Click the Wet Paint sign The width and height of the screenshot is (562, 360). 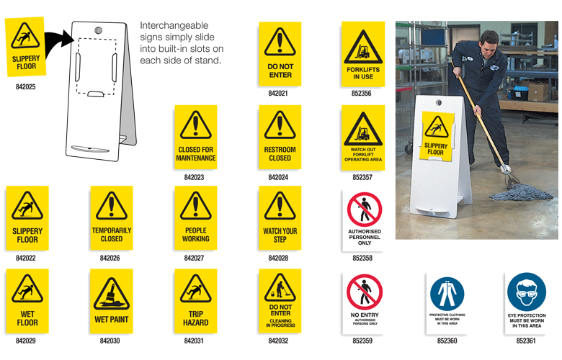pos(111,301)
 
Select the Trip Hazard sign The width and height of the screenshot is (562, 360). pos(195,301)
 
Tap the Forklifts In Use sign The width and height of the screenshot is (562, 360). pos(362,53)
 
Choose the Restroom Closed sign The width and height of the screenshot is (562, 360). pos(280,138)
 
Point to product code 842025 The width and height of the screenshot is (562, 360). pos(26,87)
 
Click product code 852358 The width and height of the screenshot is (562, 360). pos(362,258)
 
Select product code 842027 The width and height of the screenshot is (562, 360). pos(195,258)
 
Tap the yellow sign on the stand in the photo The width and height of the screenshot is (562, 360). pos(435,137)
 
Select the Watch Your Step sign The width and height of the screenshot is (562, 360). pos(280,219)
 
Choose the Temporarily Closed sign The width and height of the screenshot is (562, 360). pos(111,219)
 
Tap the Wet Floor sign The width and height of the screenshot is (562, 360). pos(27,301)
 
